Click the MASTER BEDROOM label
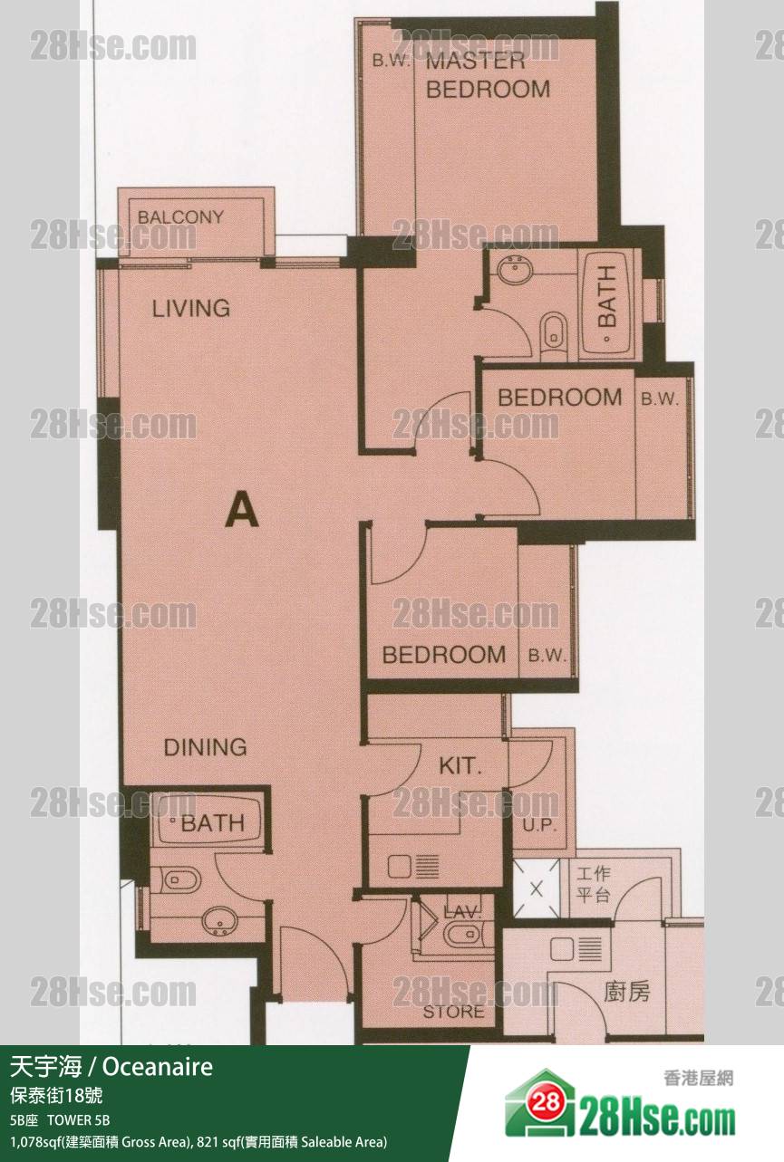coord(488,75)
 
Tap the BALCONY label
coord(180,216)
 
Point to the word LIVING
coord(191,309)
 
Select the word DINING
coord(205,747)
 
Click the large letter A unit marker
coord(242,510)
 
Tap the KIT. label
coord(460,766)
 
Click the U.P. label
coord(539,825)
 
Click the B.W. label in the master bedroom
coord(392,60)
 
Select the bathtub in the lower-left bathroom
coord(208,822)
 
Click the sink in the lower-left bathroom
coord(219,921)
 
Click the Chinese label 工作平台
coord(594,884)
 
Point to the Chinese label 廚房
coord(626,992)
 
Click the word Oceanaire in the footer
coord(158,1067)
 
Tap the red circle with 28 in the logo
coord(546,1100)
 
